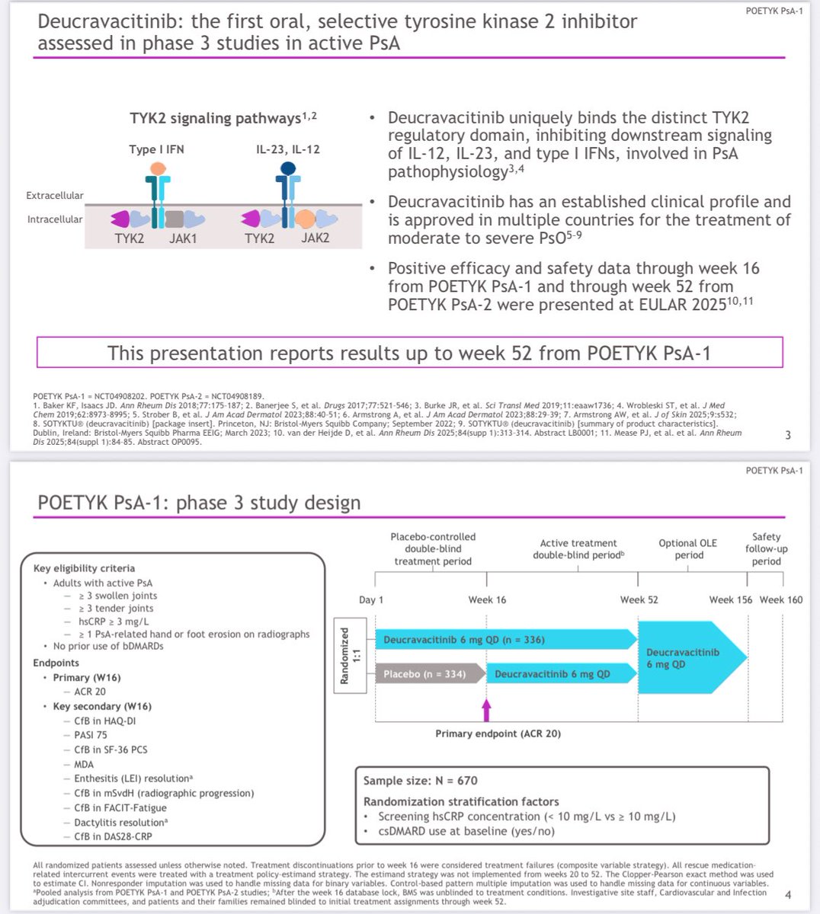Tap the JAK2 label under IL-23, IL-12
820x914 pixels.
315,238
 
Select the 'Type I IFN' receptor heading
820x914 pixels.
156,149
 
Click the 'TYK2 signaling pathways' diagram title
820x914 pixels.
223,118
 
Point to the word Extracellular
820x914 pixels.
55,196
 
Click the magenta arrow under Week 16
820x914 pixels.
487,710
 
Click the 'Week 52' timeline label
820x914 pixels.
639,599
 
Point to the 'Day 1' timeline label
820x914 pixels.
371,599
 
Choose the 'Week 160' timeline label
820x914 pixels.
781,599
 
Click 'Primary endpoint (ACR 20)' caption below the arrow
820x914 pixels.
498,733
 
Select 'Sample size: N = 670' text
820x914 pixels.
421,781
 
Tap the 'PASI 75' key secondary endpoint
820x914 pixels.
90,735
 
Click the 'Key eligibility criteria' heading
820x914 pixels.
84,568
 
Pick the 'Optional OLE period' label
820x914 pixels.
688,549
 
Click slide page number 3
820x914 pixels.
788,435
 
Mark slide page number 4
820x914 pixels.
788,895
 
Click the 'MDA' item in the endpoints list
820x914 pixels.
84,764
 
